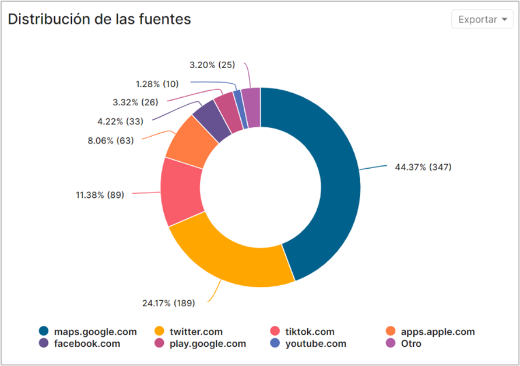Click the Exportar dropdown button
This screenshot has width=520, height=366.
pyautogui.click(x=482, y=19)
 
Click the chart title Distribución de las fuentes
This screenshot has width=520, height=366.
pyautogui.click(x=99, y=19)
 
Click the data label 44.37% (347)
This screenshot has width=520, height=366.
pyautogui.click(x=423, y=167)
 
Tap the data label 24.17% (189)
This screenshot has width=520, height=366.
pyautogui.click(x=168, y=303)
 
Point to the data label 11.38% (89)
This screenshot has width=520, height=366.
pyautogui.click(x=100, y=195)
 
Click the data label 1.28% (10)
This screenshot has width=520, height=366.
pyautogui.click(x=157, y=84)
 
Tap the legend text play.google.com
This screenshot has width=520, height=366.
pyautogui.click(x=208, y=343)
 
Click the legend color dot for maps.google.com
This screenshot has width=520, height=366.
pyautogui.click(x=44, y=332)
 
